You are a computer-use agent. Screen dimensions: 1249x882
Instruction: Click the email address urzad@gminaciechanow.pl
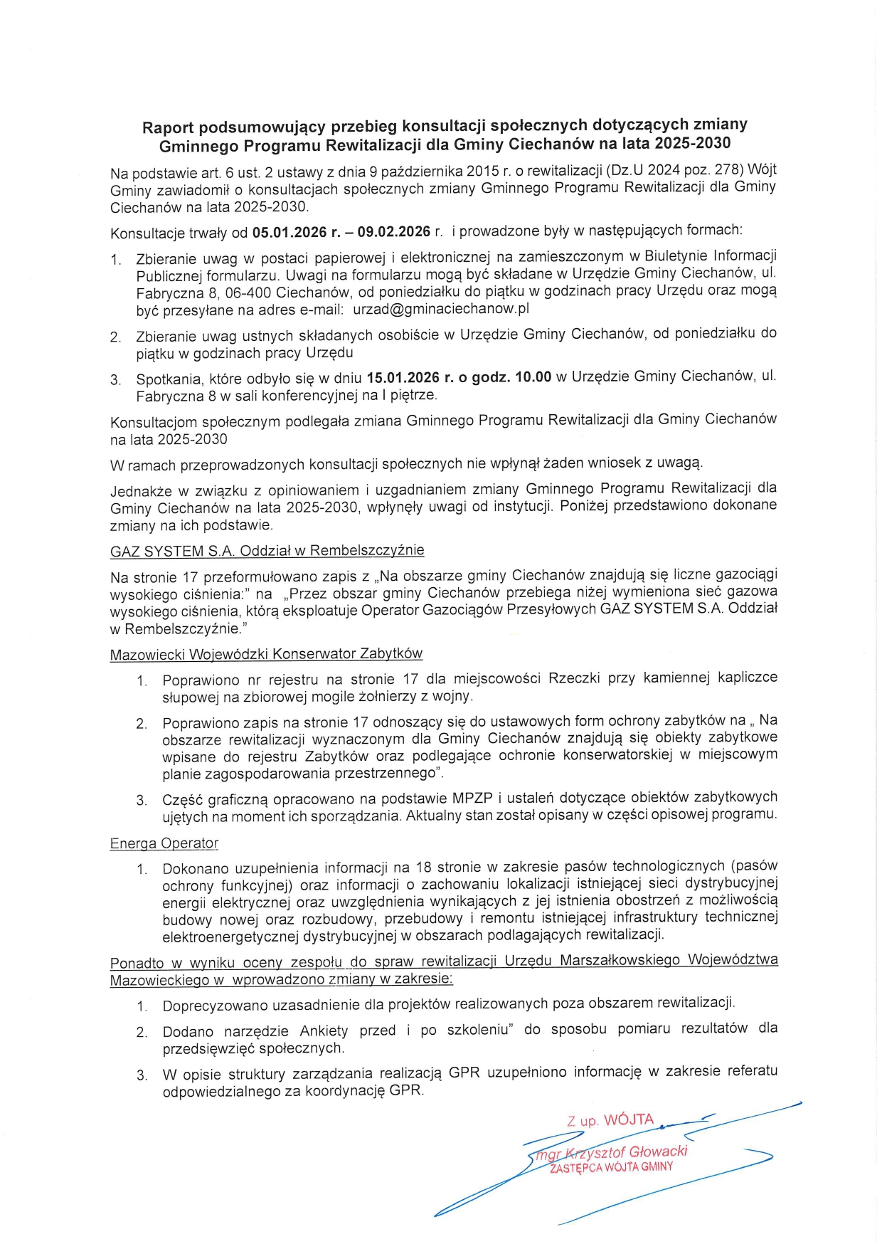click(441, 309)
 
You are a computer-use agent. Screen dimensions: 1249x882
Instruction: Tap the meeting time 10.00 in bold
click(533, 377)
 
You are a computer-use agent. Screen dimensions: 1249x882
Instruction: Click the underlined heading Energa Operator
click(164, 843)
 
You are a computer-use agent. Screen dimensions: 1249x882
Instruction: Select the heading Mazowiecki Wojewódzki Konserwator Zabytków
click(266, 654)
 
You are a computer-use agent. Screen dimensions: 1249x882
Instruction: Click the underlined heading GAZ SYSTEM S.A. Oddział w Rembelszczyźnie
click(267, 551)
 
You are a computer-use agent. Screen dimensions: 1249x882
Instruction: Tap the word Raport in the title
click(168, 128)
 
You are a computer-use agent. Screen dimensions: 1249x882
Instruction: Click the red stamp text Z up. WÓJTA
click(610, 1120)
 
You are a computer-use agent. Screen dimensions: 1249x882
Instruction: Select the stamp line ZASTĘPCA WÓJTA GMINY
click(611, 1168)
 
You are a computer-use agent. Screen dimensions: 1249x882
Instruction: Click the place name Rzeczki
click(574, 678)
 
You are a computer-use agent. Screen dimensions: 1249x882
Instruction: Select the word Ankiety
click(324, 1031)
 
